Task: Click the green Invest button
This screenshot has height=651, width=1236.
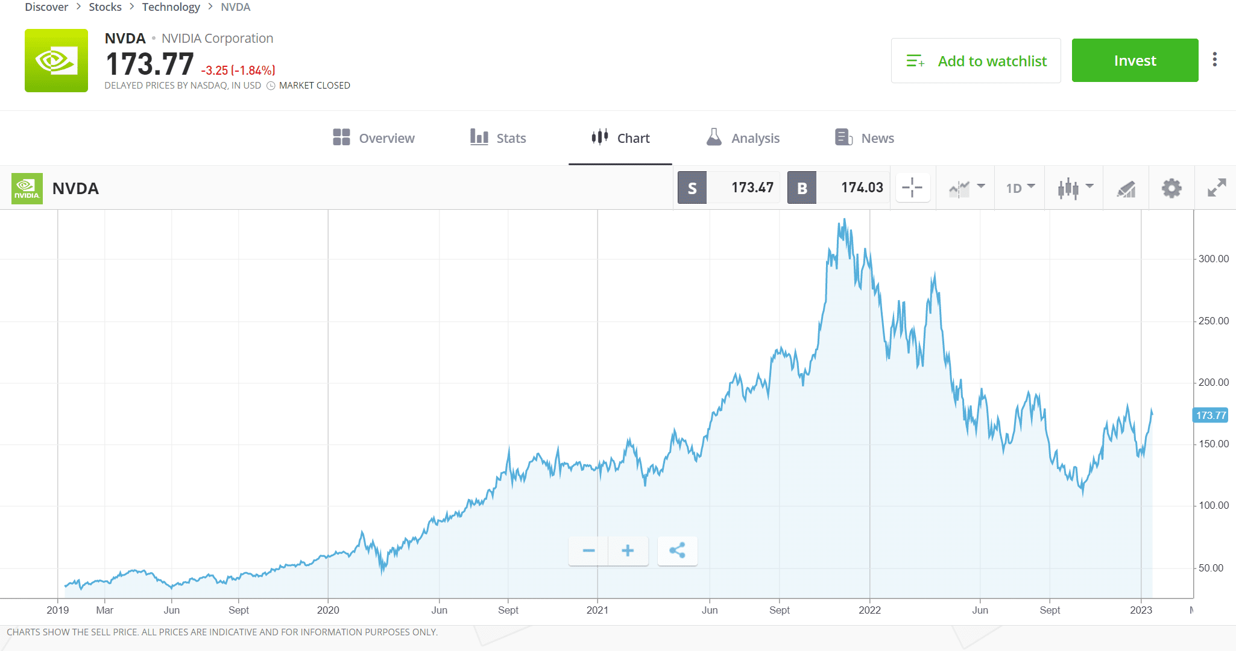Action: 1135,60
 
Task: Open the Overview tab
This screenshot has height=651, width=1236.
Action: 374,138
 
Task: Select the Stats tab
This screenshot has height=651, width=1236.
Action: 498,138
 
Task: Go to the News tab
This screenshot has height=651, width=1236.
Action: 865,138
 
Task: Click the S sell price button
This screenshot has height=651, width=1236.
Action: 692,188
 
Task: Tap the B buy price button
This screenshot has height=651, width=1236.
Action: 802,188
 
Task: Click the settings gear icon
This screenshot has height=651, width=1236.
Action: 1171,188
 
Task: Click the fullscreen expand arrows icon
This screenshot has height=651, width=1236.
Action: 1217,188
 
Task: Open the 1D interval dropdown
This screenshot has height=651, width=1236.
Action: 1020,188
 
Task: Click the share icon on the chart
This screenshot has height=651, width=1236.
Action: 677,550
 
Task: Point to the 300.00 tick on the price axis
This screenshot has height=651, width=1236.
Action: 1213,259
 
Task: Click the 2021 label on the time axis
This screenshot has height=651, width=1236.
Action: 598,610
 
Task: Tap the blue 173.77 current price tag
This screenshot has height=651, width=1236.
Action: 1211,415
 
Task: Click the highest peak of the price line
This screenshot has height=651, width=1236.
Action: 845,220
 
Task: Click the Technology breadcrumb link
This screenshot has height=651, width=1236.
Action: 171,7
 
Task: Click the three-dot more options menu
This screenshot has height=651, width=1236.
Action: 1215,59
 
